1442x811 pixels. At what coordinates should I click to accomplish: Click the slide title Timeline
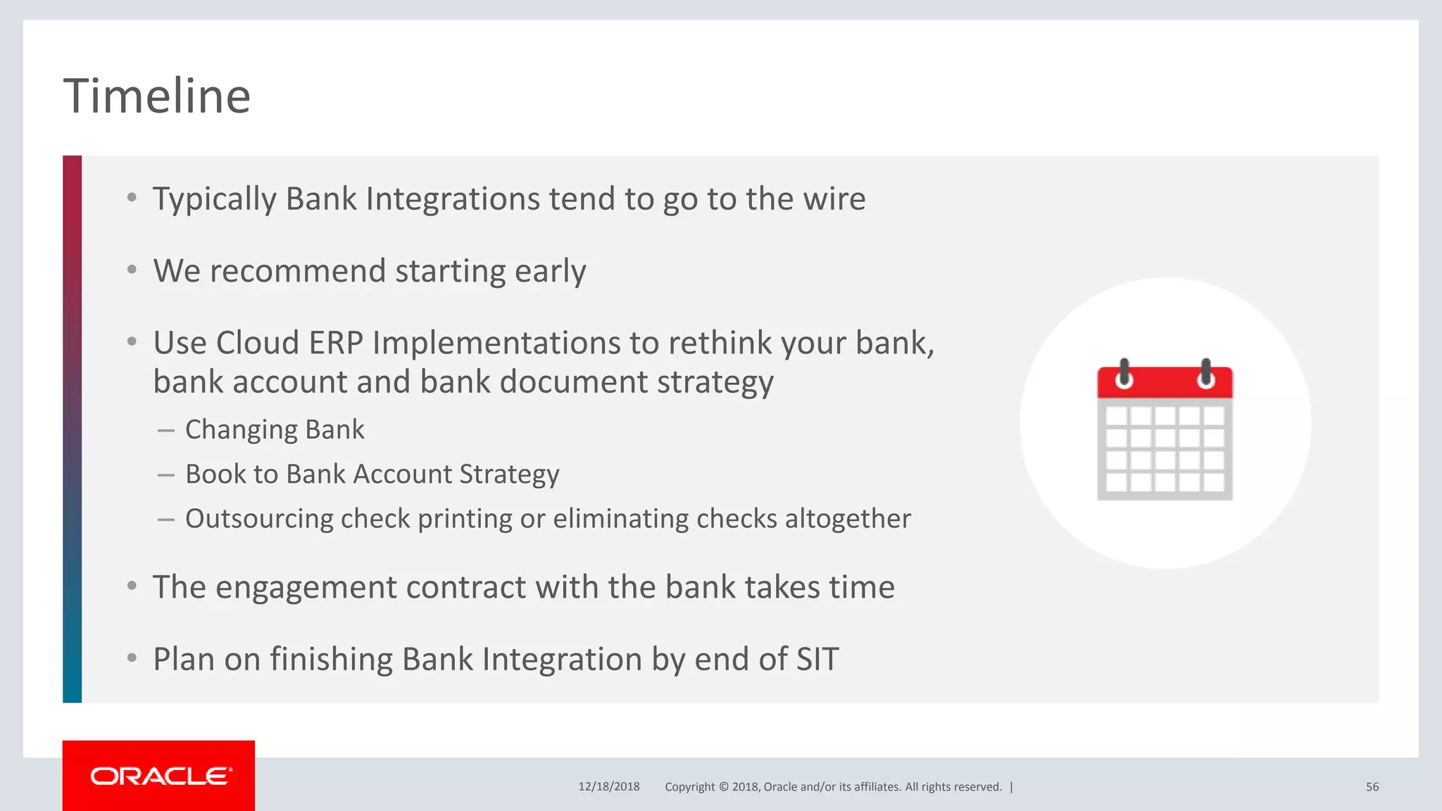click(x=157, y=96)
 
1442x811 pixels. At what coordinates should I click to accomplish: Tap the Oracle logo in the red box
click(x=160, y=776)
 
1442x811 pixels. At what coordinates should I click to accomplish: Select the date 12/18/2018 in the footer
click(x=608, y=786)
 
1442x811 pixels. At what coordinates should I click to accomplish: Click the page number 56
click(x=1372, y=786)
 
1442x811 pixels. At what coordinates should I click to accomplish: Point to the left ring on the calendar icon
click(x=1124, y=374)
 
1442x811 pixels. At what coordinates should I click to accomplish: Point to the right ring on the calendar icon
click(x=1206, y=374)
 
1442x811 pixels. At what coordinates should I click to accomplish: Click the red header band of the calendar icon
click(x=1165, y=384)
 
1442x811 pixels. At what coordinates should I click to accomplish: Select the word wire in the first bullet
click(x=834, y=199)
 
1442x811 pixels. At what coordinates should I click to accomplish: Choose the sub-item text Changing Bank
click(x=275, y=429)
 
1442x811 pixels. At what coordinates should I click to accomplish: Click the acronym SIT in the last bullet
click(x=817, y=660)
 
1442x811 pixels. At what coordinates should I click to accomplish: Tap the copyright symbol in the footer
click(x=723, y=786)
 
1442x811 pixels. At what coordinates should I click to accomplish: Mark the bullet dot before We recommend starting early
click(x=132, y=270)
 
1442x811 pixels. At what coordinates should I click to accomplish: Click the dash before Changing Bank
click(x=166, y=430)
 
